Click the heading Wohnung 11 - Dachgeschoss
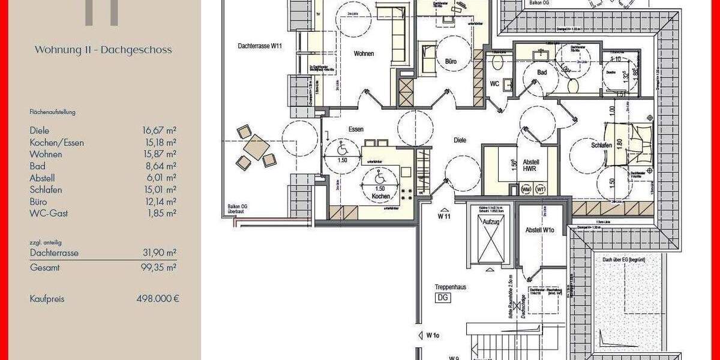103,50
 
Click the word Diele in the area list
40,130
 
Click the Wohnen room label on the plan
364,54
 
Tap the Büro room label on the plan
451,61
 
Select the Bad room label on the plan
542,73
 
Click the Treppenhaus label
451,287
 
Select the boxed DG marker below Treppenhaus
443,298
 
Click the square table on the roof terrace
256,146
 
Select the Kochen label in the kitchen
380,196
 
